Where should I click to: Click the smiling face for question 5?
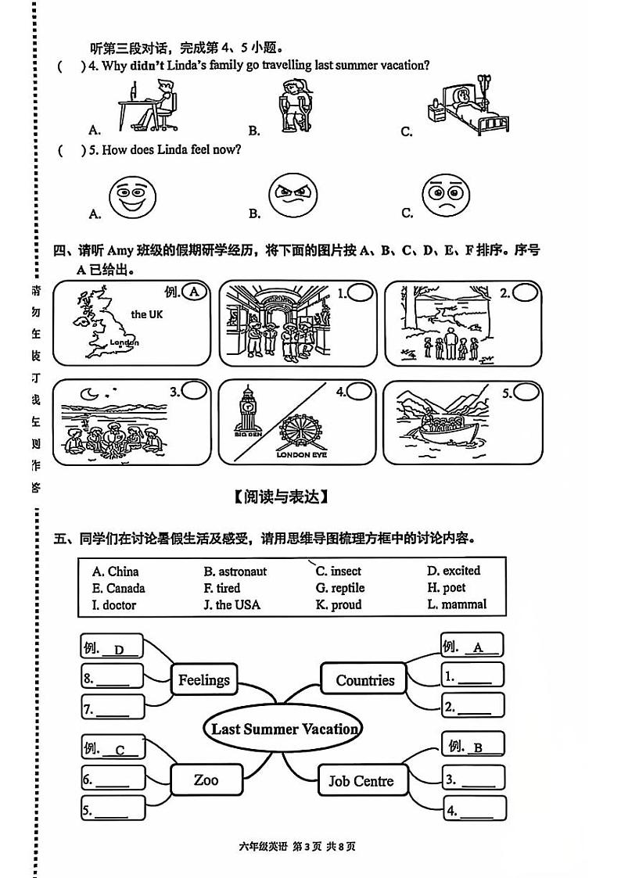click(x=133, y=198)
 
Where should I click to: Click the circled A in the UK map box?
click(x=196, y=292)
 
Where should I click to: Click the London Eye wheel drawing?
click(x=300, y=431)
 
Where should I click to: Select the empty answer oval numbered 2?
click(x=526, y=293)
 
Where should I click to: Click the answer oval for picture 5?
click(x=526, y=392)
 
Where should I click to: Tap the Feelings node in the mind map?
click(x=203, y=679)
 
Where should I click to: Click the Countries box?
click(x=364, y=679)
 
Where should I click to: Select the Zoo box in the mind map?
click(x=206, y=779)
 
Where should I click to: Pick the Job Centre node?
click(x=361, y=780)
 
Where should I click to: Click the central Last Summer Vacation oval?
click(x=284, y=729)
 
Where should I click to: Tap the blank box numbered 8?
click(x=113, y=677)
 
